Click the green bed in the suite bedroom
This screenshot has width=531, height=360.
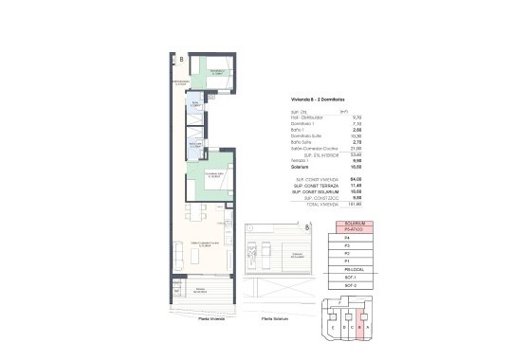pos(210,177)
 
